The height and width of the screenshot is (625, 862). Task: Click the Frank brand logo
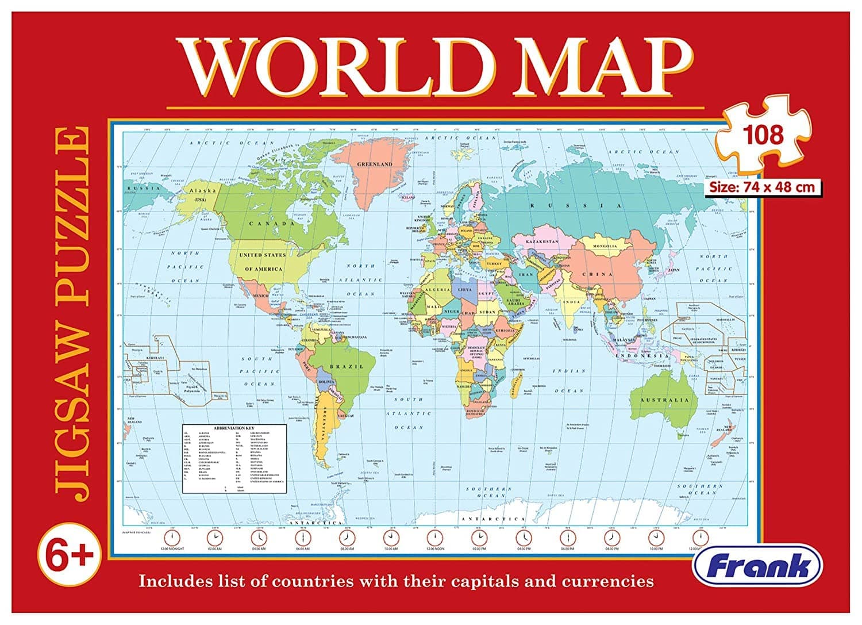click(x=757, y=566)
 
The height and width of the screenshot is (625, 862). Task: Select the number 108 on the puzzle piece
click(x=763, y=135)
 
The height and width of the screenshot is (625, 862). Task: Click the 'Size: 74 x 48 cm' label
click(x=761, y=187)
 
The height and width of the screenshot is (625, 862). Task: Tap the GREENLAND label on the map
click(x=374, y=164)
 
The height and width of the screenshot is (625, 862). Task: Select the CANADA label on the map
click(x=264, y=224)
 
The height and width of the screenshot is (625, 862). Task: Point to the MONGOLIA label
click(x=601, y=246)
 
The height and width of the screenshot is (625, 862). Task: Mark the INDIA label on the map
click(x=572, y=302)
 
